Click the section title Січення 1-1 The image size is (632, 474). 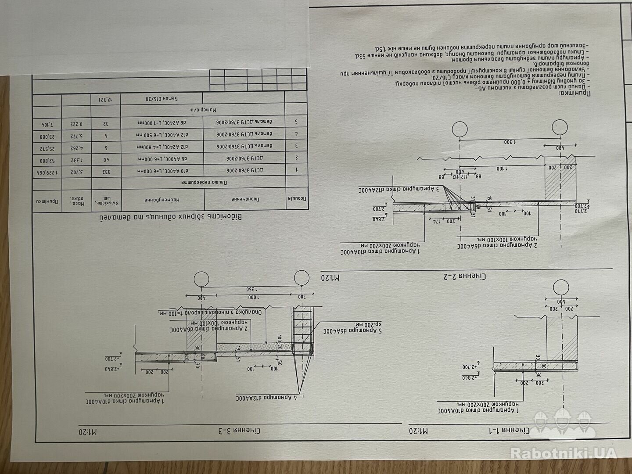[547, 431]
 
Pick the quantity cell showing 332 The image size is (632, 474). [104, 170]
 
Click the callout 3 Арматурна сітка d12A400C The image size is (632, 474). [401, 190]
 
